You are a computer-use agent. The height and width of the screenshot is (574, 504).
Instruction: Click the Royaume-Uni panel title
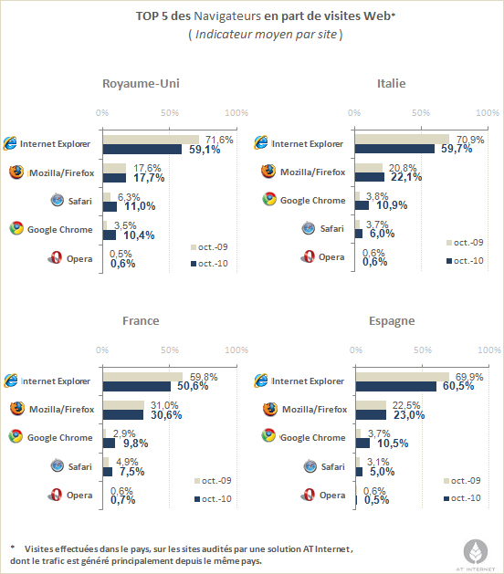click(x=141, y=83)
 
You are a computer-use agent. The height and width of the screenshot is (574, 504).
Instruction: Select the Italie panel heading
click(x=391, y=83)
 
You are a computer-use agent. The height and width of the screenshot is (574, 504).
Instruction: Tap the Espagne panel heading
click(x=392, y=321)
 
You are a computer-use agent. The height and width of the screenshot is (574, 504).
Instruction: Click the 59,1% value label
click(x=205, y=150)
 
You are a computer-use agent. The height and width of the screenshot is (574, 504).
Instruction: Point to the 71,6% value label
click(x=219, y=140)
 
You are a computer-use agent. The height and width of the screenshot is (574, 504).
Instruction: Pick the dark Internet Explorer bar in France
click(x=137, y=387)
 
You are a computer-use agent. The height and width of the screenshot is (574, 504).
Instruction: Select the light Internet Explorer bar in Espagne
click(x=403, y=377)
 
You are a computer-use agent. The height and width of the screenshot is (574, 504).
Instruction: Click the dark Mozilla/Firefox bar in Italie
click(x=370, y=177)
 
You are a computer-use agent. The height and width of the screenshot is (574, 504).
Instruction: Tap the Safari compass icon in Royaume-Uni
click(x=58, y=200)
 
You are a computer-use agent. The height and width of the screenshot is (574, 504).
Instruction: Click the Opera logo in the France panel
click(x=55, y=495)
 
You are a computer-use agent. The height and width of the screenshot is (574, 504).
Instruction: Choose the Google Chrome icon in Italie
click(x=269, y=200)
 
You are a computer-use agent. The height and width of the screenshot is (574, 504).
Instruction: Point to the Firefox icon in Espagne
click(x=270, y=409)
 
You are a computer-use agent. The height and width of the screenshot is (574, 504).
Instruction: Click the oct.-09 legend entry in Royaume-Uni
click(x=209, y=247)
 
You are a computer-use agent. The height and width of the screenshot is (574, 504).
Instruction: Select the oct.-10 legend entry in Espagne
click(x=462, y=498)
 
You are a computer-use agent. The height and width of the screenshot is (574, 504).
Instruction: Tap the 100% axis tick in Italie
click(x=488, y=113)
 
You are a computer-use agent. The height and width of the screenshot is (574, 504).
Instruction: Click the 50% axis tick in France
click(x=170, y=350)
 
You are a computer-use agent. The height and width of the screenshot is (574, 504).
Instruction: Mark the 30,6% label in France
click(x=166, y=415)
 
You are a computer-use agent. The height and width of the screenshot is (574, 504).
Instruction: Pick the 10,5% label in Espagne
click(x=393, y=444)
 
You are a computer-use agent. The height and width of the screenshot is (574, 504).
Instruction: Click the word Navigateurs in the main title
click(x=227, y=16)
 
